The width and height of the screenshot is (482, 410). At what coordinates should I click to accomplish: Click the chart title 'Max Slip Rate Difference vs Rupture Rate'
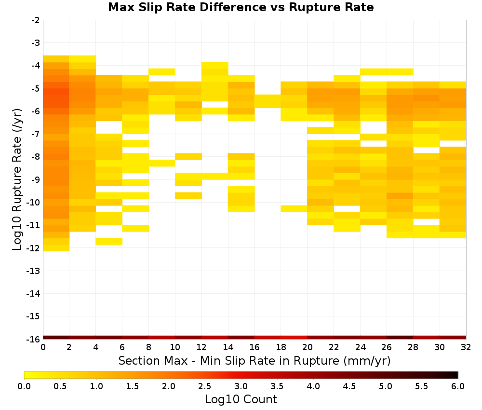241,7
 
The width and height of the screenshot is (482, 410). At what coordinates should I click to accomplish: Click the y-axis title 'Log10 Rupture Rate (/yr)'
17,179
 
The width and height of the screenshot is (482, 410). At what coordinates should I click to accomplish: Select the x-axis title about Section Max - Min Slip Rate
254,360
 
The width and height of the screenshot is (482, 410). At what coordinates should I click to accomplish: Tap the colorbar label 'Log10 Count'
241,399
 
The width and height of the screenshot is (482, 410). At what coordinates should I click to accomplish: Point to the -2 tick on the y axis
36,20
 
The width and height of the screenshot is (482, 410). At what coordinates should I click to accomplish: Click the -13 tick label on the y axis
34,271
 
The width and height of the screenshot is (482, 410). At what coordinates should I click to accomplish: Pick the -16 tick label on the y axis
34,339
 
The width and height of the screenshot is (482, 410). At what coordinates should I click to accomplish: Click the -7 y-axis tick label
36,134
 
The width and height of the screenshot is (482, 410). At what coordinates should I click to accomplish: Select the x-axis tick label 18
281,347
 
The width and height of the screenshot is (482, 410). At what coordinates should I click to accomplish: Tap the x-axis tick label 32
466,347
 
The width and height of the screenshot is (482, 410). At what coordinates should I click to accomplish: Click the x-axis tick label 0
43,347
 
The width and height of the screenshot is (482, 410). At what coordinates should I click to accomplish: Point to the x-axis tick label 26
387,347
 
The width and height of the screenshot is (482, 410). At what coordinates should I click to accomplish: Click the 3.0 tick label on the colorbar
241,386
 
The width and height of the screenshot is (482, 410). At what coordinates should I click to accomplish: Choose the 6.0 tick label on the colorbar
458,386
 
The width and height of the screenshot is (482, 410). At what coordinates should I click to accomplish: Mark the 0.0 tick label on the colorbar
24,386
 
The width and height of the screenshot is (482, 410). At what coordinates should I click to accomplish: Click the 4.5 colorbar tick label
349,386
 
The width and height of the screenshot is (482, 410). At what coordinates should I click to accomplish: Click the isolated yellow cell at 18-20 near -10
294,208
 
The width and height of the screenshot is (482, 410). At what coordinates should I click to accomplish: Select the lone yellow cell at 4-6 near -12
109,242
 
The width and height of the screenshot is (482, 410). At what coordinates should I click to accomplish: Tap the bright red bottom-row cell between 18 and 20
294,338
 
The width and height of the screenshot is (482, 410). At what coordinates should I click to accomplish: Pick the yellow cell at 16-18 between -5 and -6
268,101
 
